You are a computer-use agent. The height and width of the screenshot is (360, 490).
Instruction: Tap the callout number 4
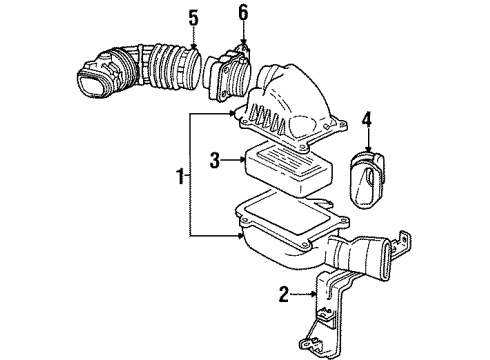pyautogui.click(x=366, y=124)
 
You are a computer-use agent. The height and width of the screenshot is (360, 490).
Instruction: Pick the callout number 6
pyautogui.click(x=242, y=13)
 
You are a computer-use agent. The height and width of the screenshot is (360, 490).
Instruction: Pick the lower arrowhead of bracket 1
pyautogui.click(x=240, y=237)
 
